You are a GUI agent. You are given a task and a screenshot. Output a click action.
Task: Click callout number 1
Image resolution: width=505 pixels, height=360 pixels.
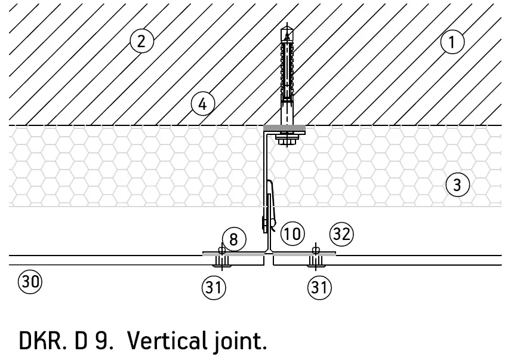452,42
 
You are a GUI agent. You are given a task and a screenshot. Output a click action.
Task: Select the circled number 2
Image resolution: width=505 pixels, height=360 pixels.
141,41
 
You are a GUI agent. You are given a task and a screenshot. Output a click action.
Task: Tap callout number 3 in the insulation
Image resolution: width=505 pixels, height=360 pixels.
457,185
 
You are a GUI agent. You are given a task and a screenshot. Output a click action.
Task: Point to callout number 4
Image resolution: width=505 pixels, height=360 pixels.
202,104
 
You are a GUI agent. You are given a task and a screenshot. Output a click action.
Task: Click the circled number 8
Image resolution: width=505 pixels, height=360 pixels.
233,239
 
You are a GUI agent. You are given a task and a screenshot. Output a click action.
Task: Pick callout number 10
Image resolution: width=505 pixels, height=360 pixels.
292,233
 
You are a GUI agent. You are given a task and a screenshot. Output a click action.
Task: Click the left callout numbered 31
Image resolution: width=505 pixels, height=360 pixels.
214,288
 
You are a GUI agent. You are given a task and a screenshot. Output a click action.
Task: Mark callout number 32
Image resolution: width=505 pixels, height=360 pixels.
341,233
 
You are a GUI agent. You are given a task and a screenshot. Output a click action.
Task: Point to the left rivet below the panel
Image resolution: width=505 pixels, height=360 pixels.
221,259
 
